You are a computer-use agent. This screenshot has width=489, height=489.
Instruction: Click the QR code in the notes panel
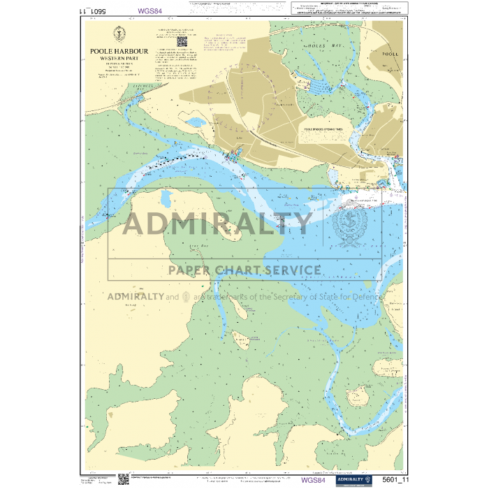click(183, 41)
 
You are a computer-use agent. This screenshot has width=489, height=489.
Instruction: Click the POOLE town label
click(390, 53)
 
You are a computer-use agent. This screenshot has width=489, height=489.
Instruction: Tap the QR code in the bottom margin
click(123, 479)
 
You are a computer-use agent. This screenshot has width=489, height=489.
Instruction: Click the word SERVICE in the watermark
click(287, 270)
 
